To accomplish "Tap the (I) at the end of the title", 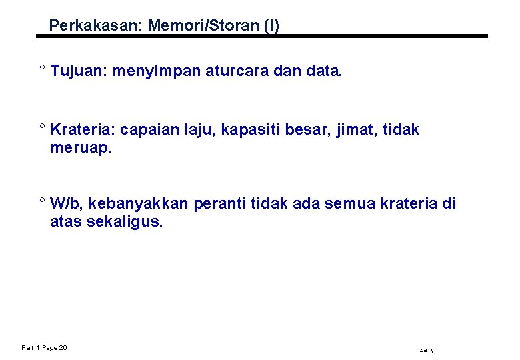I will pos(271,26).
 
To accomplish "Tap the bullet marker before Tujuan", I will pos(42,69).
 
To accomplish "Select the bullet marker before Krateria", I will pos(42,127).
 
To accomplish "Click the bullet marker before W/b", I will pos(42,201).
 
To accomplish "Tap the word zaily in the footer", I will pos(427,350).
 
